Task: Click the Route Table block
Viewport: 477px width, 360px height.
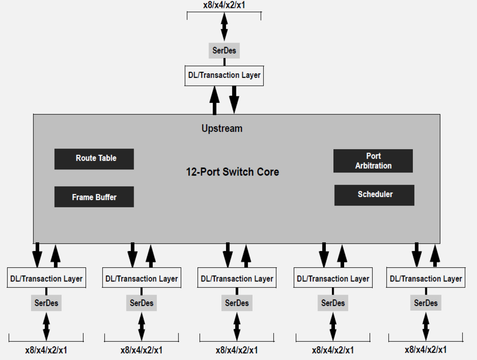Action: [94, 159]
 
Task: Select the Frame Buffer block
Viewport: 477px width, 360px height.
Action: [94, 197]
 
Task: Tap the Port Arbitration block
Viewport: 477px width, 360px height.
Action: [373, 161]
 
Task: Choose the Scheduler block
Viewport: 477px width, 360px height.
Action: [374, 195]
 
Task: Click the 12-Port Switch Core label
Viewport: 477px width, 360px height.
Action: [232, 172]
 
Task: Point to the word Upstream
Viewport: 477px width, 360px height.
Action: [222, 128]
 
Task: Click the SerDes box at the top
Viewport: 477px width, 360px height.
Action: [224, 51]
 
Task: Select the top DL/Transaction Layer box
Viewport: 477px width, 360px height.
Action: [224, 75]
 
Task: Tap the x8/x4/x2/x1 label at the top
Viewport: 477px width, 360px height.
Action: [224, 6]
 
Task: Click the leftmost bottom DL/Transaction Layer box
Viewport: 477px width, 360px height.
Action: [46, 279]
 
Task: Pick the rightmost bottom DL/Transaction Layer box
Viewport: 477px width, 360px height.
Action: [426, 279]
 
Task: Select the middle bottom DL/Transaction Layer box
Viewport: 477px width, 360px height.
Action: [237, 279]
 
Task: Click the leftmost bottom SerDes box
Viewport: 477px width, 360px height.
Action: [46, 303]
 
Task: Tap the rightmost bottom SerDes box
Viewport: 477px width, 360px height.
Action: [426, 303]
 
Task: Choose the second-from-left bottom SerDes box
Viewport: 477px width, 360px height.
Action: [141, 303]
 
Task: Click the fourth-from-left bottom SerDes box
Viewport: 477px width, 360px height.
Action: [333, 303]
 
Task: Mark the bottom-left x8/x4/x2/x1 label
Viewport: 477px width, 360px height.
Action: [46, 350]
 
